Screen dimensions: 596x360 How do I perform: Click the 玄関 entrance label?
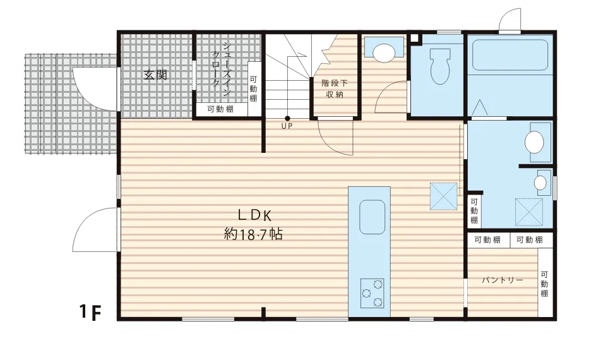[156, 75]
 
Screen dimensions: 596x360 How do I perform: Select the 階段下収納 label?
[335, 88]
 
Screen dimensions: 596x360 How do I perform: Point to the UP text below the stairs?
[287, 126]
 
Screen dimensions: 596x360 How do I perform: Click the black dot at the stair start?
[287, 119]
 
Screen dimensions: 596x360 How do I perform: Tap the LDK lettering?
[255, 215]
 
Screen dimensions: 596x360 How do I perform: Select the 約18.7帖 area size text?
[254, 234]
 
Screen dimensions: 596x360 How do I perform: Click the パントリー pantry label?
[503, 280]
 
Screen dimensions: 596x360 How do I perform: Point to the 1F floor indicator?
[91, 312]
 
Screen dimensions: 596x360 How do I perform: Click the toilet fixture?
[440, 66]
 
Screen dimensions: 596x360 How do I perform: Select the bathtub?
[510, 55]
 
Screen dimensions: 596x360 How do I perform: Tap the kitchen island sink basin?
[372, 217]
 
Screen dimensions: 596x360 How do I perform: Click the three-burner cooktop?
[372, 292]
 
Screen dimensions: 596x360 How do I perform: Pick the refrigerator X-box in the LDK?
[444, 196]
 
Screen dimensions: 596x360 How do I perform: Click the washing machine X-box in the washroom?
[528, 212]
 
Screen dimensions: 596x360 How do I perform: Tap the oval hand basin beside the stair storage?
[383, 52]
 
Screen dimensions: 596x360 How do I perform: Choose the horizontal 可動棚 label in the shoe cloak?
[220, 109]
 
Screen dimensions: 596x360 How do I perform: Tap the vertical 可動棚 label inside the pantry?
[544, 284]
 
